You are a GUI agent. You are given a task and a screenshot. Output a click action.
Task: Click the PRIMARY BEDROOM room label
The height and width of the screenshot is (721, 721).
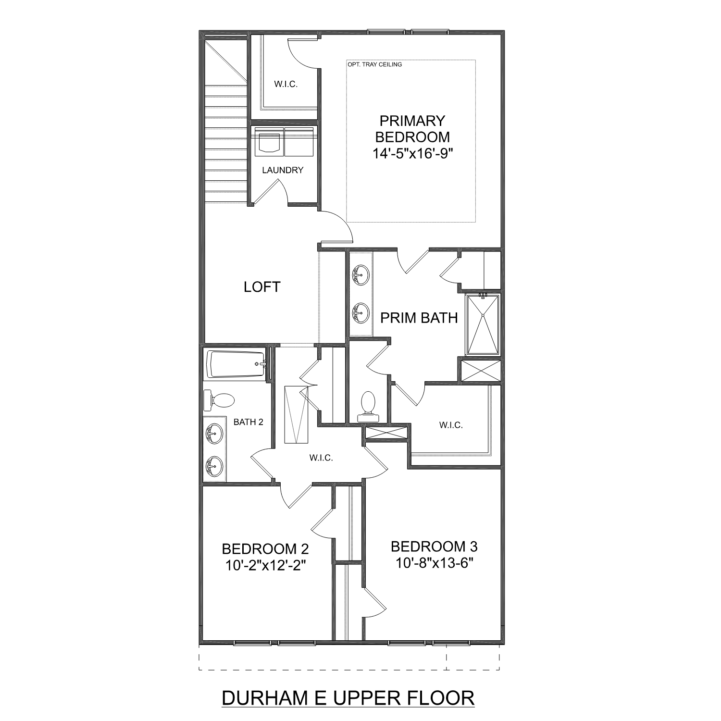tap(412, 129)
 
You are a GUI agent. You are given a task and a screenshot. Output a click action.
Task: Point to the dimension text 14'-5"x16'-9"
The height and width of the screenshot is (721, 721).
tap(413, 153)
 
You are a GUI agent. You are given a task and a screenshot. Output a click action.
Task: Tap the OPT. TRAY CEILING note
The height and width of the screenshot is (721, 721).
tap(374, 64)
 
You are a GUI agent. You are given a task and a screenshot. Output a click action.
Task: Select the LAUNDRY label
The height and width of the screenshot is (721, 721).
tap(283, 170)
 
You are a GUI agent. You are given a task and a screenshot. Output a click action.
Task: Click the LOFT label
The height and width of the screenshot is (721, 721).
tap(261, 287)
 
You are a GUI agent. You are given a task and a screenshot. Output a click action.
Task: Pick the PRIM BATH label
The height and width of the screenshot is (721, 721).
tap(419, 318)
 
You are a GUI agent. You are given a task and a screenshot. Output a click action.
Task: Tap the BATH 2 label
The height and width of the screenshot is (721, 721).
tap(248, 422)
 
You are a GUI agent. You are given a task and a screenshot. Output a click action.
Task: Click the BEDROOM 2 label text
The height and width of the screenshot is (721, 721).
tap(265, 548)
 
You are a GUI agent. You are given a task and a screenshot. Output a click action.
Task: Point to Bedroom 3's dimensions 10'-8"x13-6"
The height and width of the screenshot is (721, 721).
tap(435, 562)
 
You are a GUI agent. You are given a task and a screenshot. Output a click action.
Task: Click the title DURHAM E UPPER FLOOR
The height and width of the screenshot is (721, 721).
tap(348, 698)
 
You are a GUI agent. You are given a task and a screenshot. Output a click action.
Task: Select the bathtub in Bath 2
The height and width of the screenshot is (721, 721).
tap(236, 364)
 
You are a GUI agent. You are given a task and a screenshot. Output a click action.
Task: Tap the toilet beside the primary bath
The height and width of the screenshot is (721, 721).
tap(368, 403)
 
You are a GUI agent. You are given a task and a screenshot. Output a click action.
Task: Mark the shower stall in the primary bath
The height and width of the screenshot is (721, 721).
tap(483, 325)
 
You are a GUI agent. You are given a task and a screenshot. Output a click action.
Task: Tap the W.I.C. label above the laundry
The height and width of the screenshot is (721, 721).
tap(286, 84)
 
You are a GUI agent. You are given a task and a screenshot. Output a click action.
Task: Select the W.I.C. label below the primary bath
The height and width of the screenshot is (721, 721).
tap(451, 425)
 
